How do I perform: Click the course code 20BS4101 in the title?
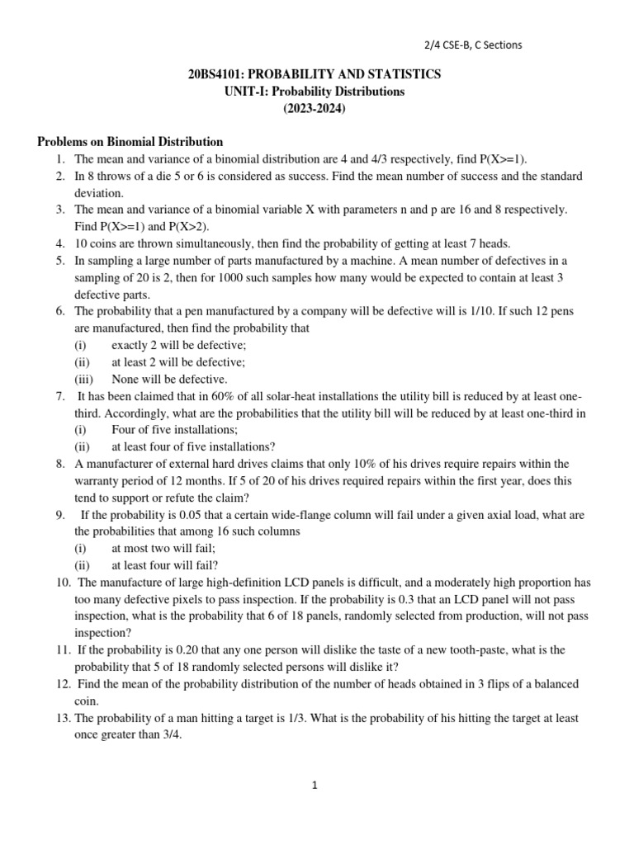point(217,74)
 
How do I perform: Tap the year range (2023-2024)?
point(316,108)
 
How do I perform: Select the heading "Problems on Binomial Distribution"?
point(130,142)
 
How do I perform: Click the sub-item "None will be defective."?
point(169,379)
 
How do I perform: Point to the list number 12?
point(62,684)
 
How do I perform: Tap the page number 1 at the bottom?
point(315,786)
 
